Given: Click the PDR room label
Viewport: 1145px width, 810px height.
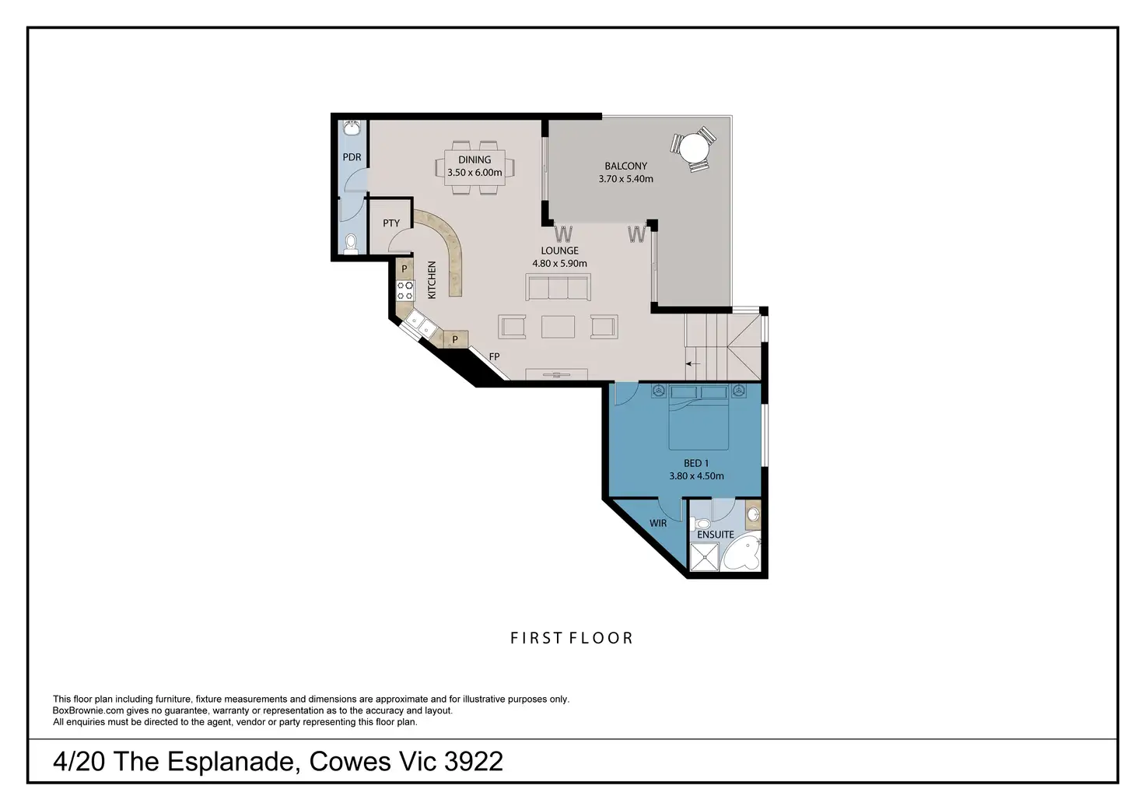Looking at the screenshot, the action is click(352, 157).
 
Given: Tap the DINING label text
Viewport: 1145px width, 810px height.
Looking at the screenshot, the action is click(474, 160).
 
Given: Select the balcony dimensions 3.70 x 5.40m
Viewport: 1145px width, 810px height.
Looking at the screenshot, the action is click(625, 179).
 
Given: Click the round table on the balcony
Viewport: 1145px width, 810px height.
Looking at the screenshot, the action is click(694, 149).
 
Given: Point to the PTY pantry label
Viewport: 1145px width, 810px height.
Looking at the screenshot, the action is click(391, 223).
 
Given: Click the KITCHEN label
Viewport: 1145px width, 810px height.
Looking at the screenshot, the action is click(432, 280).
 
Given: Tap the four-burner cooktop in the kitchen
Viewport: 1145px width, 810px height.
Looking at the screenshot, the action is click(405, 290).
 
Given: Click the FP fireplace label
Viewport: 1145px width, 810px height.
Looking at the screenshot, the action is click(494, 356).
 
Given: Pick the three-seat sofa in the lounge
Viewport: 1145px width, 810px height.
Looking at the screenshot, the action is click(558, 287).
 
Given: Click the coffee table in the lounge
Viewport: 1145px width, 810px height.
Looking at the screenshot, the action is click(558, 327).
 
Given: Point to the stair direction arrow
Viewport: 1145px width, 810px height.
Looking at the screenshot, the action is click(692, 364).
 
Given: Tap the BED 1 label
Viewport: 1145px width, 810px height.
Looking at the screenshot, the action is click(696, 463).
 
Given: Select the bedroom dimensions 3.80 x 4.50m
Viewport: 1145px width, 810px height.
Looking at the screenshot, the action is click(696, 476).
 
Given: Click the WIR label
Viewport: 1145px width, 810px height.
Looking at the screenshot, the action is click(658, 523).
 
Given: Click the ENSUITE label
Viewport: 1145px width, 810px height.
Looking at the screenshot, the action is click(716, 535).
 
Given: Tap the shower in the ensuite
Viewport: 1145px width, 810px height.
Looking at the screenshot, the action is click(705, 557).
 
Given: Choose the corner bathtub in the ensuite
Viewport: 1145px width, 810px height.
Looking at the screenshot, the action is click(741, 556).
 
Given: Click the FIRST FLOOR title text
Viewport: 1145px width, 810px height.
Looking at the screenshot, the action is click(572, 638).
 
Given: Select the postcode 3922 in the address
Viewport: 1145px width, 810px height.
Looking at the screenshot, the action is click(474, 762).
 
